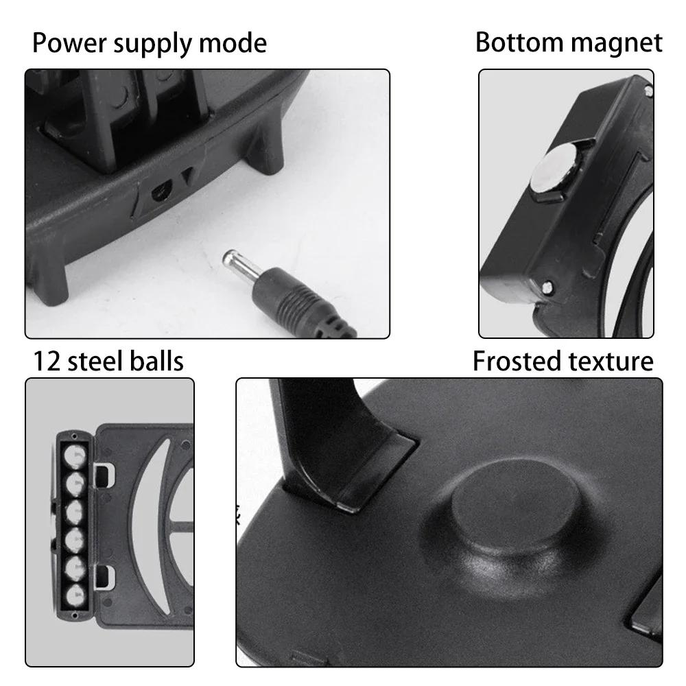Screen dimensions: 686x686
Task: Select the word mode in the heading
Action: (233, 43)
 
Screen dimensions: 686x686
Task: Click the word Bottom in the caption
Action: (518, 43)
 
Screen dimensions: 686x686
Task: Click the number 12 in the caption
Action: (49, 361)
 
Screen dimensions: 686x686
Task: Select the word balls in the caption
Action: (158, 361)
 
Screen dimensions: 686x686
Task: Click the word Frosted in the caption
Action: (514, 361)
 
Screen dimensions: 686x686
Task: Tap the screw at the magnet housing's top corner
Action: (647, 88)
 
